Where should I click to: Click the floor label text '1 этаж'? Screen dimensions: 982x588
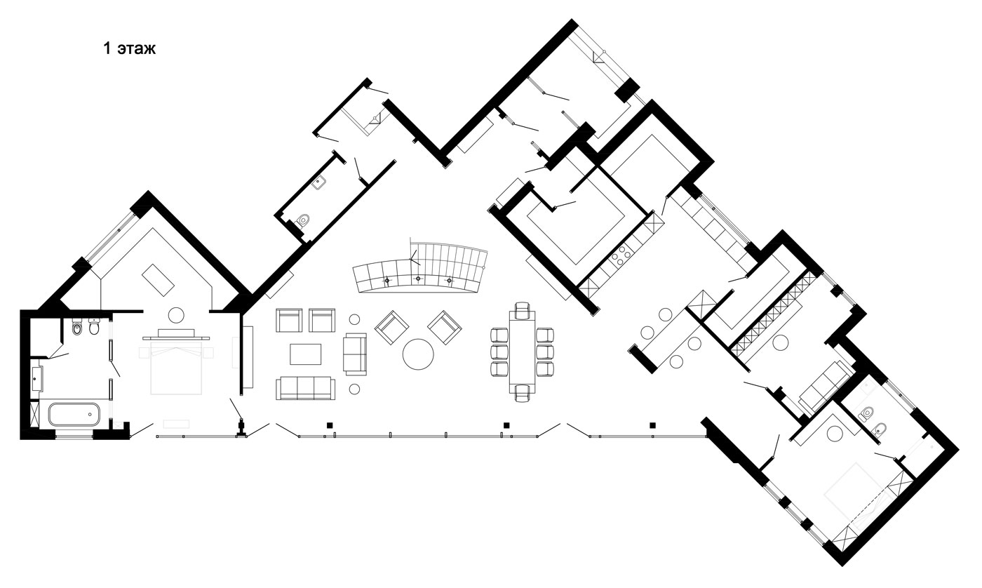point(129,48)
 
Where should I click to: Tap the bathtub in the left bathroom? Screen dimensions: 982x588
point(74,414)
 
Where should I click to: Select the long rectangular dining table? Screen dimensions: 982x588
point(522,352)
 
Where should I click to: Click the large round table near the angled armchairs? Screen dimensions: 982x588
point(418,354)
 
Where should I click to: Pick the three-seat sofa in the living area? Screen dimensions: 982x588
point(306,388)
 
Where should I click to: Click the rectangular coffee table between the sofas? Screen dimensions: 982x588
point(306,354)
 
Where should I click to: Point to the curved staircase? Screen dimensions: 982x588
point(421,269)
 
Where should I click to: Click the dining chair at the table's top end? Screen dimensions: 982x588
point(523,310)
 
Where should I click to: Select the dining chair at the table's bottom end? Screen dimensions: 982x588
point(522,394)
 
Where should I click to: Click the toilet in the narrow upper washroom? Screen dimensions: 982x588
point(302,220)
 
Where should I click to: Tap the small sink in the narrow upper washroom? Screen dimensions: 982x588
point(318,182)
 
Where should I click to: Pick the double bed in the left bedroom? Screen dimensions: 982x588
point(176,368)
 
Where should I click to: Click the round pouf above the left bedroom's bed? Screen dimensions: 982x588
point(177,315)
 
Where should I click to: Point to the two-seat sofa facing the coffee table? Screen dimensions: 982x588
point(355,354)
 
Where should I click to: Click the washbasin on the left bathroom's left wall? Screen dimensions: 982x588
point(37,378)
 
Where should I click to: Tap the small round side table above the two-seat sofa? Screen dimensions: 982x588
point(355,319)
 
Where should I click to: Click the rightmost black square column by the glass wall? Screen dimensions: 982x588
point(653,425)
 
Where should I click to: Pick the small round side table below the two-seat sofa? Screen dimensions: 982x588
point(355,389)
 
